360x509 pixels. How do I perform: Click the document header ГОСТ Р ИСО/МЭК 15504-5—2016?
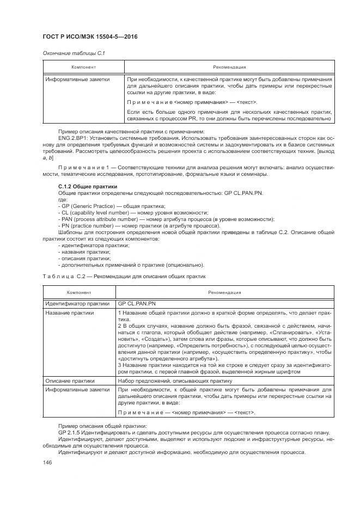pyautogui.click(x=89, y=36)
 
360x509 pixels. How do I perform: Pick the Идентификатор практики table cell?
pyautogui.click(x=77, y=303)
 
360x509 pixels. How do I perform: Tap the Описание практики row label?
pyautogui.click(x=70, y=381)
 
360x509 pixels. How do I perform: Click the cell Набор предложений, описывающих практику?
pyautogui.click(x=171, y=381)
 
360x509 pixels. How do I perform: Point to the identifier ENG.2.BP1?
pyautogui.click(x=72, y=138)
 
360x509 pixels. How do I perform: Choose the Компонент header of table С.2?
pyautogui.click(x=78, y=292)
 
